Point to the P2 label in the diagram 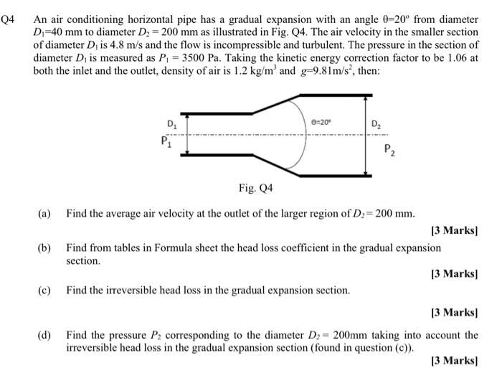tap(388, 150)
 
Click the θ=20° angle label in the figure tap(323, 124)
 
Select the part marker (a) tap(44, 213)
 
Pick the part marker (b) tap(44, 248)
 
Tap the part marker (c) tap(44, 291)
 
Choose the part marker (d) tap(44, 334)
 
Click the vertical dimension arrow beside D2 tap(367, 144)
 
